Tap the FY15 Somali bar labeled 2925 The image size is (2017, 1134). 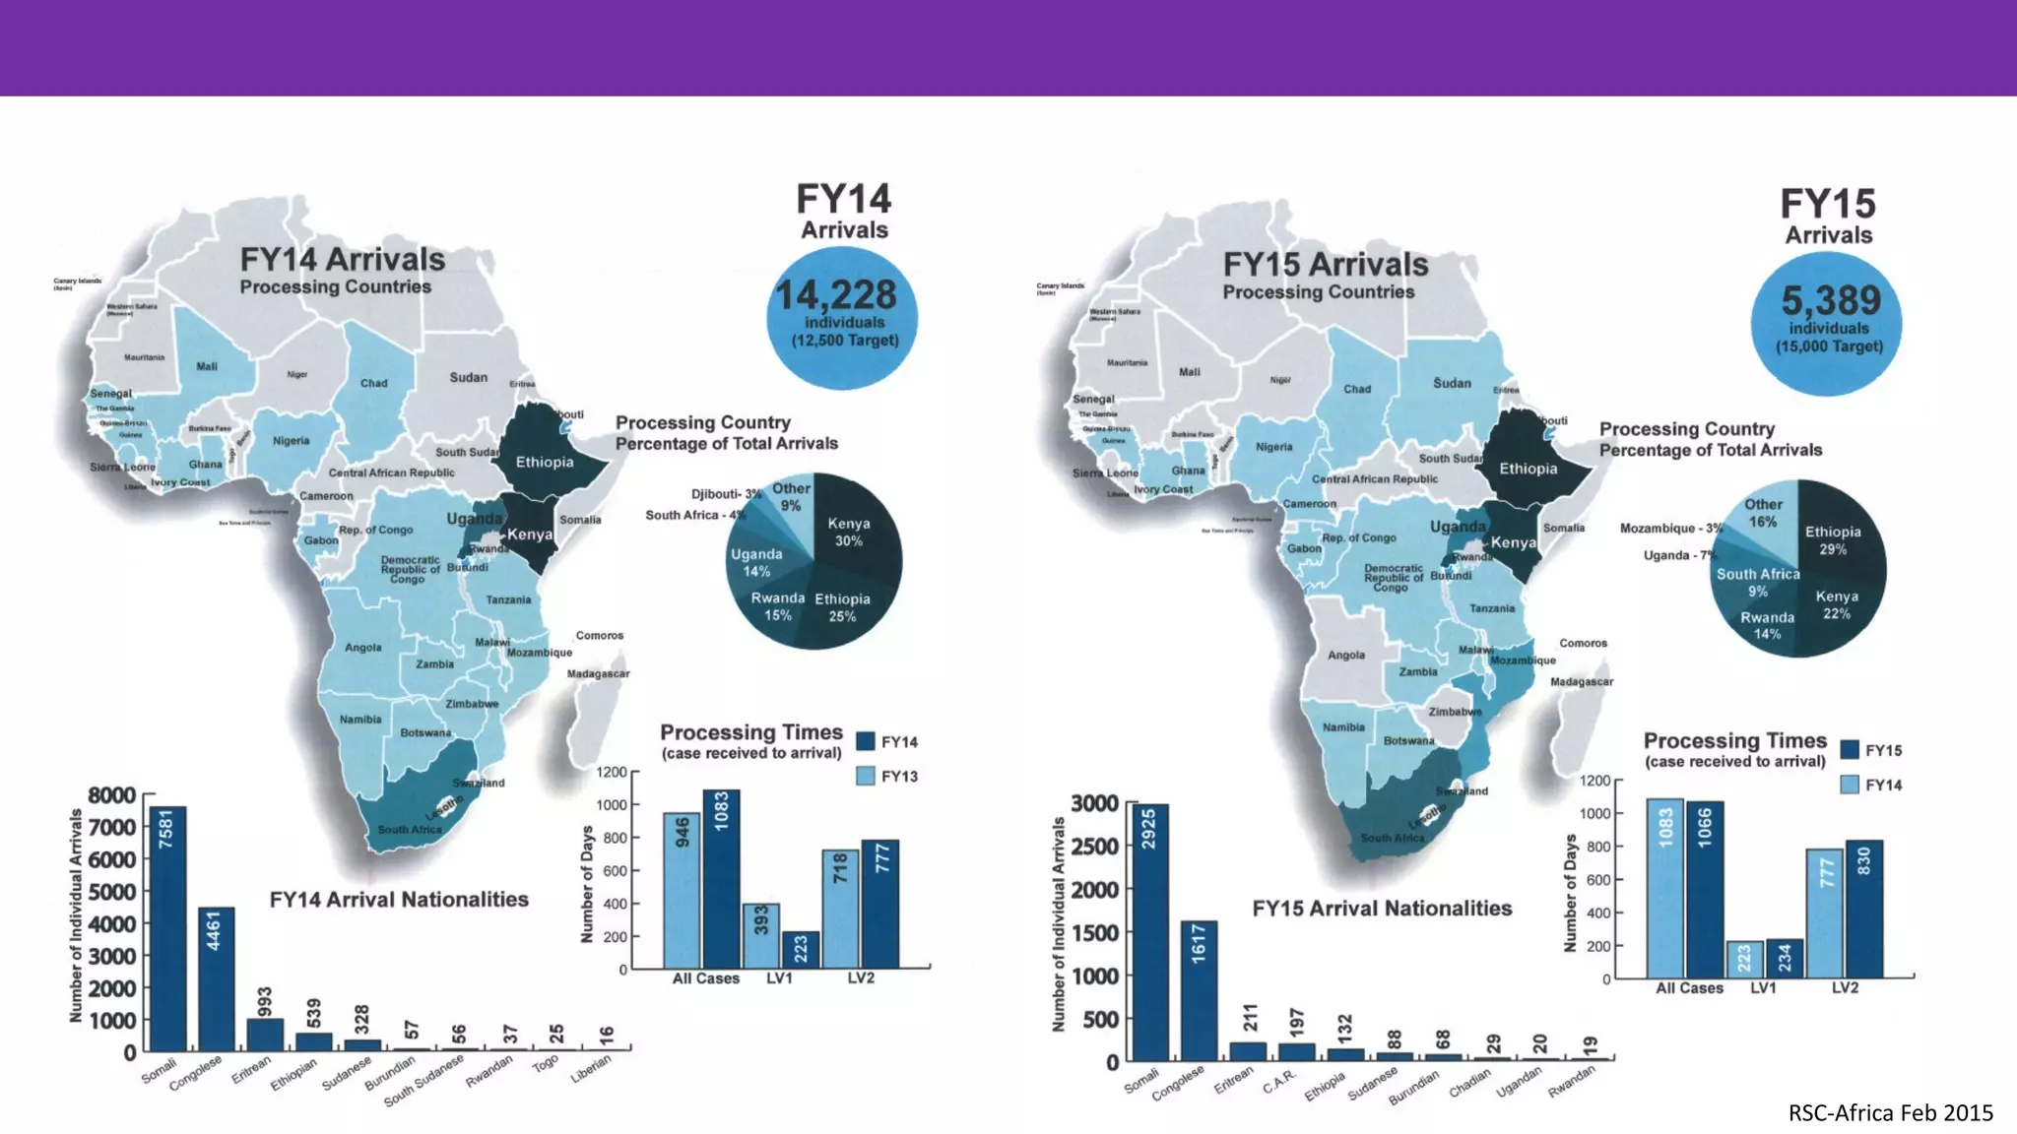point(1150,930)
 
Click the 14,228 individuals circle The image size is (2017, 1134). point(842,317)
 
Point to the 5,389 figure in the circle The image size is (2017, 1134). point(1830,300)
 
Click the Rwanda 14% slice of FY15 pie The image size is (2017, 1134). point(1766,625)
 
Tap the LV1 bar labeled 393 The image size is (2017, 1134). point(760,934)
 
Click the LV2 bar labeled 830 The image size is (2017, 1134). point(1863,908)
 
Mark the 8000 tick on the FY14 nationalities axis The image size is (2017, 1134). point(111,795)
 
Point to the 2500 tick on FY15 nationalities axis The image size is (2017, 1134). point(1094,847)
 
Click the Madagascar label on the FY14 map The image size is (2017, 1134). point(598,674)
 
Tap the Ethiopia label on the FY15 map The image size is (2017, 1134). point(1528,469)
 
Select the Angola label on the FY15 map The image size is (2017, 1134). point(1345,656)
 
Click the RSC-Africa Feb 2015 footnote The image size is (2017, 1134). point(1890,1113)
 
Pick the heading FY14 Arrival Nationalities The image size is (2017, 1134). point(399,900)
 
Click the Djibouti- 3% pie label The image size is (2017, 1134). point(726,494)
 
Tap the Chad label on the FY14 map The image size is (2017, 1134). point(373,383)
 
